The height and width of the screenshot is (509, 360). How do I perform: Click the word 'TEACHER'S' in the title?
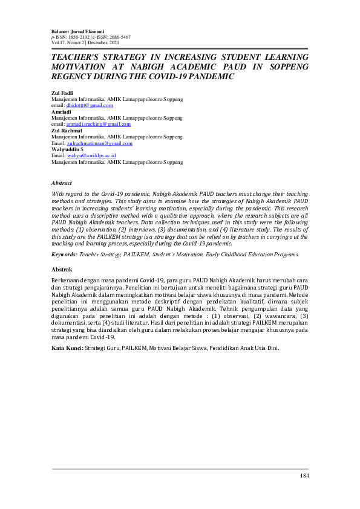79,57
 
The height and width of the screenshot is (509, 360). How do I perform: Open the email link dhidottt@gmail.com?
90,105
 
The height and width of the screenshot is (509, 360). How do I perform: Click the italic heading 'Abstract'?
62,183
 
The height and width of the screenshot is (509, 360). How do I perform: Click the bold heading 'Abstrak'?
63,268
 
